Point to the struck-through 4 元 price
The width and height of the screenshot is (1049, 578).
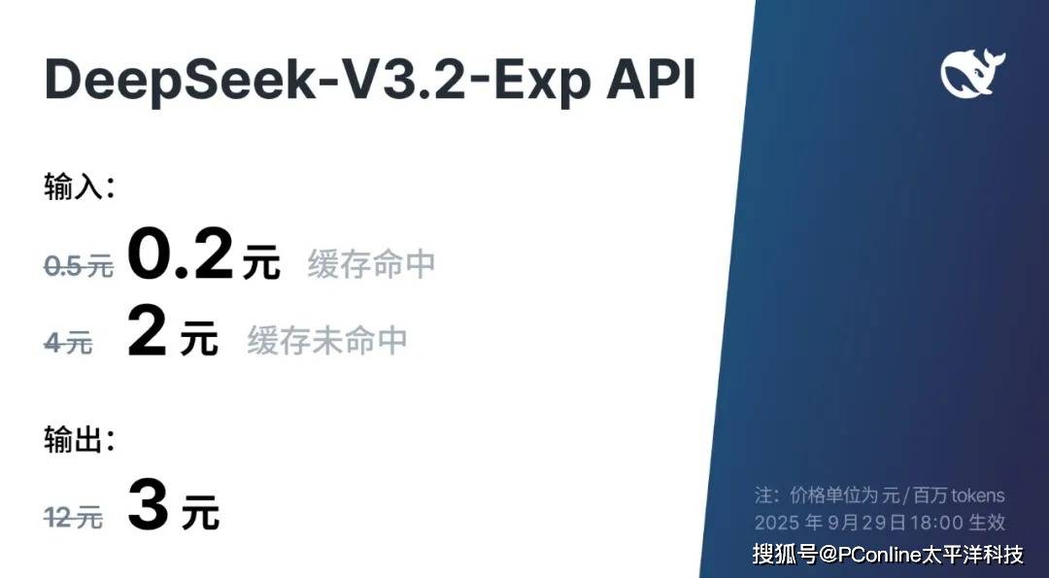68,342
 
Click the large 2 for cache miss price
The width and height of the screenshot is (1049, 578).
147,335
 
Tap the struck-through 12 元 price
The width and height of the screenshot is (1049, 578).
74,519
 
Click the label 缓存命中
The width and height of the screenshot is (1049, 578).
371,264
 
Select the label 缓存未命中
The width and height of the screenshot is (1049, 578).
326,341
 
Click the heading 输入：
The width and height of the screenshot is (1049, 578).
79,187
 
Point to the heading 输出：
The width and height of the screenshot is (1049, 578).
79,440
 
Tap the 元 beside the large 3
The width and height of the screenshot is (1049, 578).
199,516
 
